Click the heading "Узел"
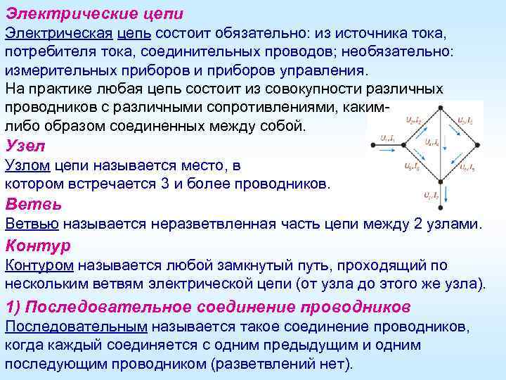click(x=25, y=147)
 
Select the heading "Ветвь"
click(x=33, y=205)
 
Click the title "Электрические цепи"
click(x=94, y=13)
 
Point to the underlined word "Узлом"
click(x=30, y=166)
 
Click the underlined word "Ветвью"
click(x=33, y=224)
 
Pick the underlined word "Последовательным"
click(x=76, y=327)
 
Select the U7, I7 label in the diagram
click(x=429, y=196)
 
